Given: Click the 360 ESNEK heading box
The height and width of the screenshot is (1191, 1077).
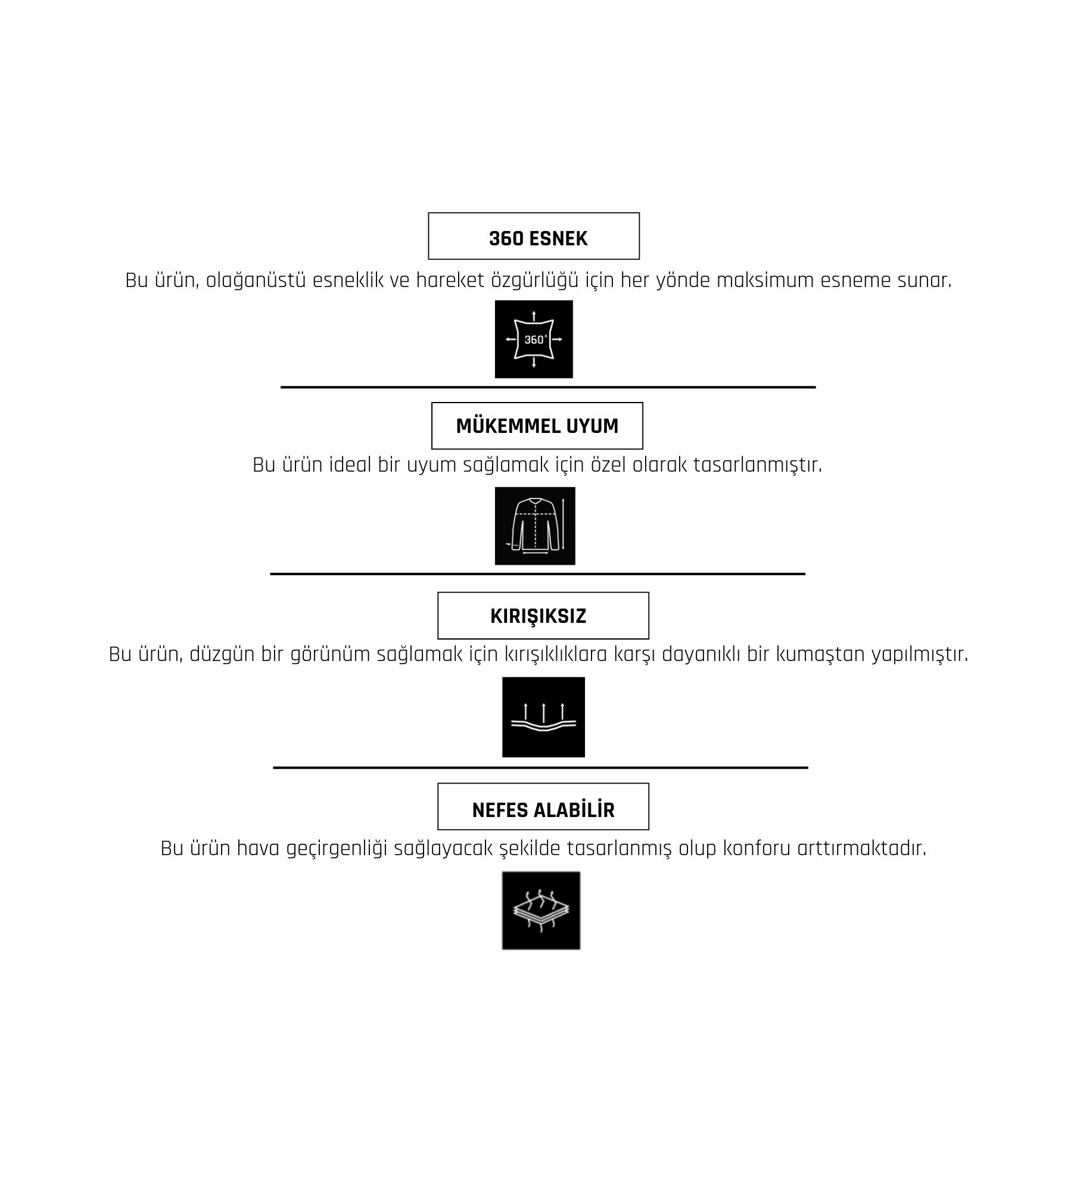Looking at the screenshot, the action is pos(534,236).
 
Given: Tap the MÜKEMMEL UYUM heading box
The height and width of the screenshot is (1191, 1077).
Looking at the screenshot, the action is pos(537,426).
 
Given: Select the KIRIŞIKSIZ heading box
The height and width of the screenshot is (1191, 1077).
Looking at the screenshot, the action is pos(543,616).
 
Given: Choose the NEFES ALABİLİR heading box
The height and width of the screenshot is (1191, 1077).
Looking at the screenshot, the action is pos(543,807).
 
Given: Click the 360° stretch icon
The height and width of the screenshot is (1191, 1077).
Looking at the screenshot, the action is pos(534,339).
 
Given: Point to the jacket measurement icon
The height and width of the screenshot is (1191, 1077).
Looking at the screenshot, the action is pos(535,526).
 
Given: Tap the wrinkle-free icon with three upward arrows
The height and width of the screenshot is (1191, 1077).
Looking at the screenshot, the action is pos(543,717).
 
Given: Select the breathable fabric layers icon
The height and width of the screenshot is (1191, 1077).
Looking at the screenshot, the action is pos(541,911).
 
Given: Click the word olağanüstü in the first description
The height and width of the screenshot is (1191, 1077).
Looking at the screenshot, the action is pos(256,281).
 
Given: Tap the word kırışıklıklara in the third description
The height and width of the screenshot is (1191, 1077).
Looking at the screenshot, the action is pos(556,654).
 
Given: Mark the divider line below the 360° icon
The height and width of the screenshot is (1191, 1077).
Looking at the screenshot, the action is pos(548,387).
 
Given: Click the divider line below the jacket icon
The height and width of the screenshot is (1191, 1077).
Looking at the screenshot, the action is pos(537,574).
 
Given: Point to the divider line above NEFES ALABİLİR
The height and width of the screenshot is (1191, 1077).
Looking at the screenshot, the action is pos(540,768).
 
